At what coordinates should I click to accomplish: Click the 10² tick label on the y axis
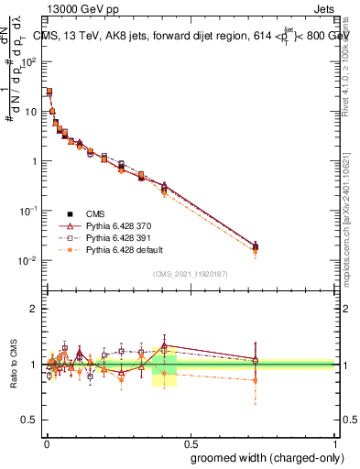tap(31, 62)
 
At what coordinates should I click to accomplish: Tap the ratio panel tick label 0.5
tap(31, 421)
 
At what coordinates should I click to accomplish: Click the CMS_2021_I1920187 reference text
tap(191, 274)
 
